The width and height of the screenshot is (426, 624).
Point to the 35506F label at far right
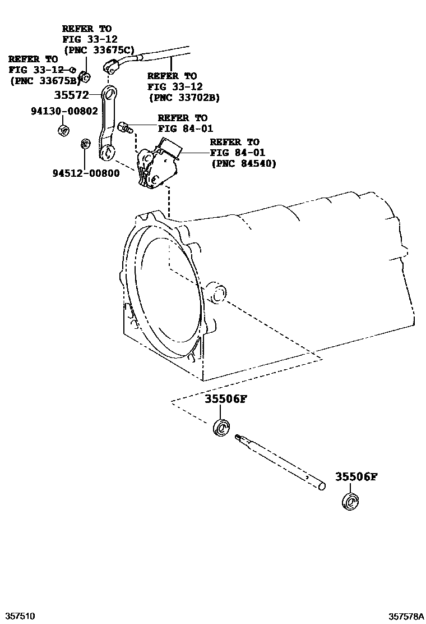click(356, 477)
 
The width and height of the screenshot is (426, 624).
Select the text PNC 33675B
click(43, 80)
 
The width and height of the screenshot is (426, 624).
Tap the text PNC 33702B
click(184, 97)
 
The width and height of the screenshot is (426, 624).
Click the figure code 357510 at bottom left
click(20, 616)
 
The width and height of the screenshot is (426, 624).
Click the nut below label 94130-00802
click(63, 131)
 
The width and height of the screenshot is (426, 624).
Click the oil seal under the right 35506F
click(350, 501)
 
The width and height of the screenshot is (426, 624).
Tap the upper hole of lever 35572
click(110, 93)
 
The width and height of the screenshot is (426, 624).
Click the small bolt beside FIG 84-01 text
click(125, 127)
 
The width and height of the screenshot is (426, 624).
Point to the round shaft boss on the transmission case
click(216, 293)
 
